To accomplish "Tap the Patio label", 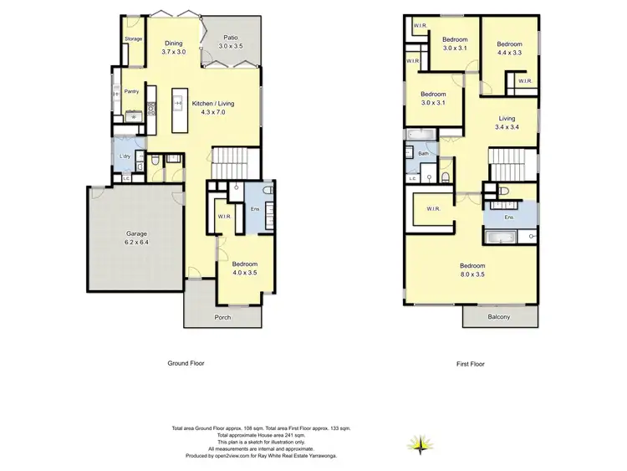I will tap(230, 42).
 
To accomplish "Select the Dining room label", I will tap(173, 48).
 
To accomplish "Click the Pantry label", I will tap(131, 91).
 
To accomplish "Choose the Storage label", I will tap(133, 39).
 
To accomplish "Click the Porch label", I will tap(222, 317).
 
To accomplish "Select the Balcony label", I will tap(498, 317).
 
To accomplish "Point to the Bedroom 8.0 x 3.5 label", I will tap(472, 269).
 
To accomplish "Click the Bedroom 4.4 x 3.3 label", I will tap(509, 49).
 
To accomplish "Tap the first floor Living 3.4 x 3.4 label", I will tap(507, 122).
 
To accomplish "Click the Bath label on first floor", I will tap(423, 154).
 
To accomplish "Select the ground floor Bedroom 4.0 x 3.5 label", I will tap(244, 267).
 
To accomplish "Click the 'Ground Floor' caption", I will tap(186, 364).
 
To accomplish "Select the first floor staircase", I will tap(509, 163).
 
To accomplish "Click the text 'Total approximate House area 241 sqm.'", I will tap(261, 435).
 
